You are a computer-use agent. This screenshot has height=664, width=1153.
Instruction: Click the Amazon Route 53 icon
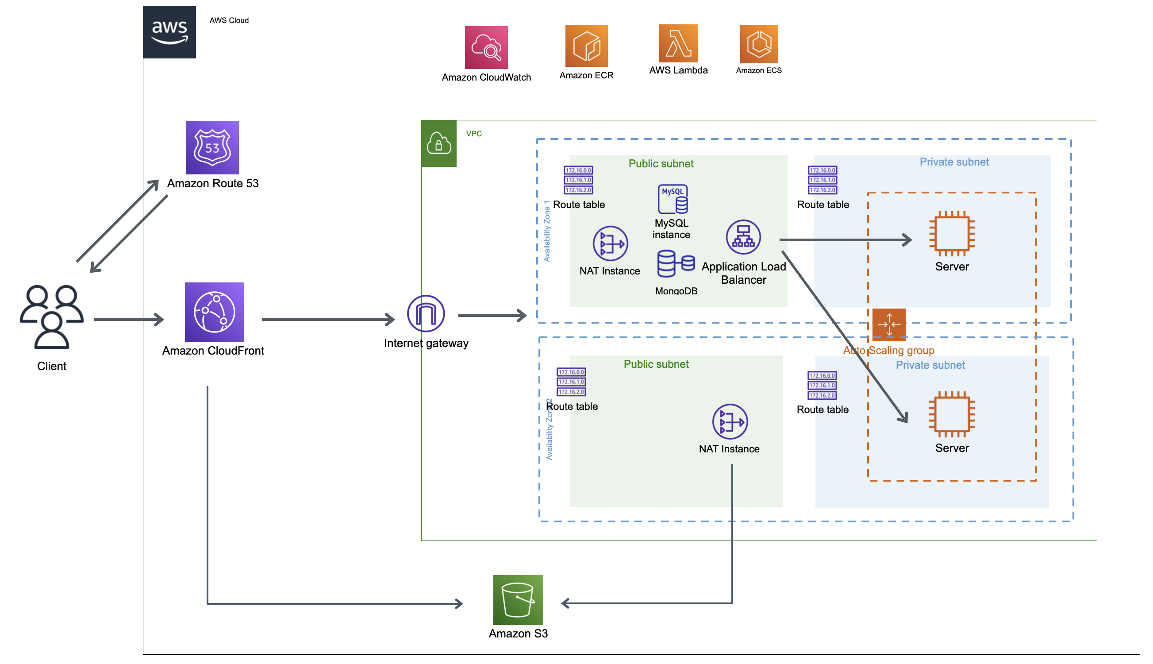(212, 147)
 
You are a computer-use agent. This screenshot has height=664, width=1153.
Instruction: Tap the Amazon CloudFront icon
(214, 312)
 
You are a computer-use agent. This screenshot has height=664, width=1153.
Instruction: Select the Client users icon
(51, 317)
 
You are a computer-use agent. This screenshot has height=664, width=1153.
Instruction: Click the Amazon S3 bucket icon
(518, 600)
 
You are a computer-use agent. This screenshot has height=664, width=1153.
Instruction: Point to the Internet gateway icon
(426, 314)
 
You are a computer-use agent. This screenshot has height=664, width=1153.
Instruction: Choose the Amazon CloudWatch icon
(486, 47)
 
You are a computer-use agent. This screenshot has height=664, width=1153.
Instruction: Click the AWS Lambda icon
(678, 43)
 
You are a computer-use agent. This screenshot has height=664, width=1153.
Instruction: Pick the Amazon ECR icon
(586, 46)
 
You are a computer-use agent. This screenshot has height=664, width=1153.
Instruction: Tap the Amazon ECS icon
(758, 44)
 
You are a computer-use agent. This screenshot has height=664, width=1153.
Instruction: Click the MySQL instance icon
(672, 199)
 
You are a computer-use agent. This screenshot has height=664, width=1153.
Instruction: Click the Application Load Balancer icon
(743, 237)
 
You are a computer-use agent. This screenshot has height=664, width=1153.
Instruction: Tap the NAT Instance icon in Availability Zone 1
(610, 243)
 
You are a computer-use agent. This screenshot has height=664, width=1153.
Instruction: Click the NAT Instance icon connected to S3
(730, 421)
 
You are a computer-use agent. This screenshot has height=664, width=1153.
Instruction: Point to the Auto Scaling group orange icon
(888, 325)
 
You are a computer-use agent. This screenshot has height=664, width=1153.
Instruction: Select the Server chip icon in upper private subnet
(951, 233)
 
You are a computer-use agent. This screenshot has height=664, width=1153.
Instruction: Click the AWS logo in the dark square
(169, 32)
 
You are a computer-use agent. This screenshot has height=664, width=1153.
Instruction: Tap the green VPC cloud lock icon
(438, 144)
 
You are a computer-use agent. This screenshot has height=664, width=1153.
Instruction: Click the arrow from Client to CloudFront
(128, 319)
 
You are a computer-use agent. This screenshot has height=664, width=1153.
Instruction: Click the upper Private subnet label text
(953, 162)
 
